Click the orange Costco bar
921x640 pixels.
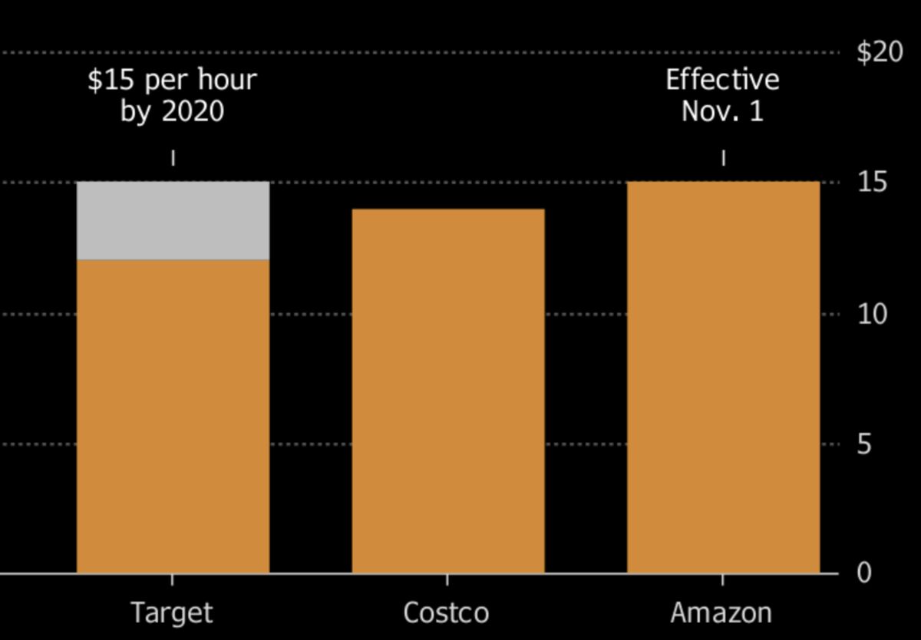[448, 391]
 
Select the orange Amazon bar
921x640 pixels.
[723, 377]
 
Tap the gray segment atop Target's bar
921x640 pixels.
[173, 220]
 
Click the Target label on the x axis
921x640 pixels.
[171, 613]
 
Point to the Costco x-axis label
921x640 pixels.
[446, 613]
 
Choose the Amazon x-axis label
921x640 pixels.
[721, 613]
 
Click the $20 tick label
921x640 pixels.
[880, 53]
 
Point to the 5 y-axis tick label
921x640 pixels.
[865, 444]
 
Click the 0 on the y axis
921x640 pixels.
[865, 573]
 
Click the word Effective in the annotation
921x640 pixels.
[722, 80]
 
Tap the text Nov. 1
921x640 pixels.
[722, 112]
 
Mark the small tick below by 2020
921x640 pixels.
[173, 158]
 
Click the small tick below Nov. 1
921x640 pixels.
[723, 158]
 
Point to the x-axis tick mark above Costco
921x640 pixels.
[447, 580]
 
